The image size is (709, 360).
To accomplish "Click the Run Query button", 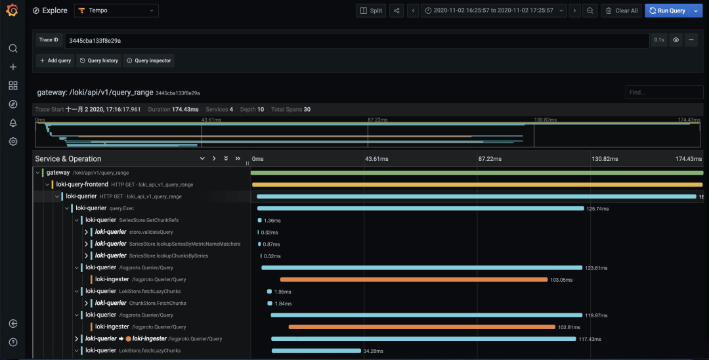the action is (668, 11).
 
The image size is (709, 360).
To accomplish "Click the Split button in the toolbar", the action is (371, 11).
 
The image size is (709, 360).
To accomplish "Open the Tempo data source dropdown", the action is (116, 11).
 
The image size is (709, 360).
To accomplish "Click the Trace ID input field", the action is (356, 40).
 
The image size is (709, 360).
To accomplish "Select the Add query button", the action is (56, 60).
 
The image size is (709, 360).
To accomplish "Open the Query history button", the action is (98, 60).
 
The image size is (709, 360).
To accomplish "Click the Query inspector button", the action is (149, 60).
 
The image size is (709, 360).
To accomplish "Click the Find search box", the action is (664, 92).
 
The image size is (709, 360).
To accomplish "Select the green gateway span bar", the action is (477, 173).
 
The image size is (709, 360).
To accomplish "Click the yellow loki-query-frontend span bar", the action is (477, 185).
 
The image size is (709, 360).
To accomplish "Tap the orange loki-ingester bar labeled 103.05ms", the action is (414, 279).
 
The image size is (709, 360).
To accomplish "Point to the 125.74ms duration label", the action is (597, 208).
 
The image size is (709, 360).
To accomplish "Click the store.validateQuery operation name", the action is (151, 232).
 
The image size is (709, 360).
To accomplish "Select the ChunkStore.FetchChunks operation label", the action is (158, 303).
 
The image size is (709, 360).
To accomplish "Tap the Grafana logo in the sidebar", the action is (12, 10).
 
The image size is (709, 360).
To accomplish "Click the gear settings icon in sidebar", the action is (13, 141).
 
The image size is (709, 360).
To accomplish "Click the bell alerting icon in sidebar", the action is (13, 123).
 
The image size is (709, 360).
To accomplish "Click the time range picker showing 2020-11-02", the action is (494, 11).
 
